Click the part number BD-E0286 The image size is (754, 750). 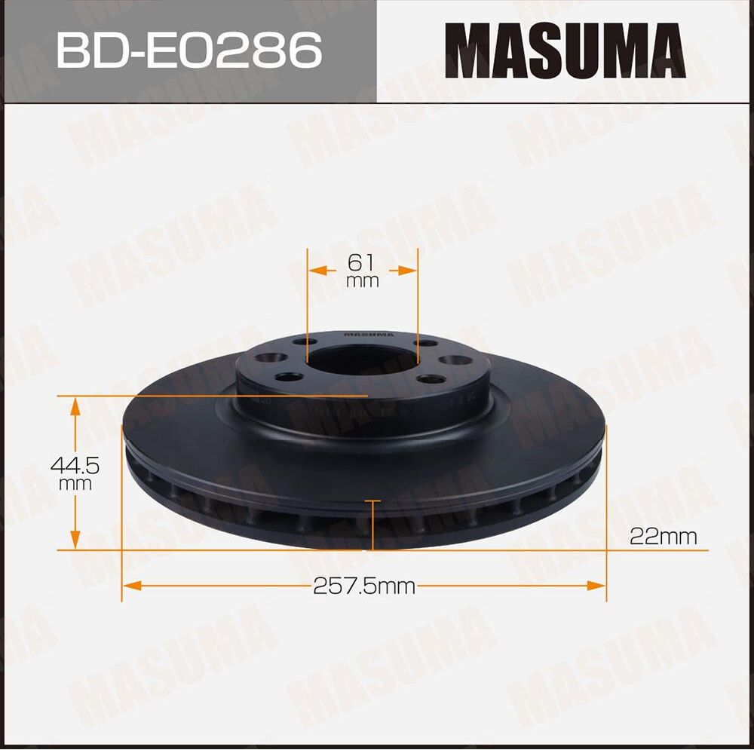(x=189, y=51)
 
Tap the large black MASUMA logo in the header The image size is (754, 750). (x=565, y=51)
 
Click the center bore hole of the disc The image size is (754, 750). (x=362, y=360)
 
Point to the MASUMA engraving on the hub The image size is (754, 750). (x=369, y=334)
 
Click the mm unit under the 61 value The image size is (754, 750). (x=362, y=282)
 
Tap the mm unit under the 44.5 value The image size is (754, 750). (x=75, y=484)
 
